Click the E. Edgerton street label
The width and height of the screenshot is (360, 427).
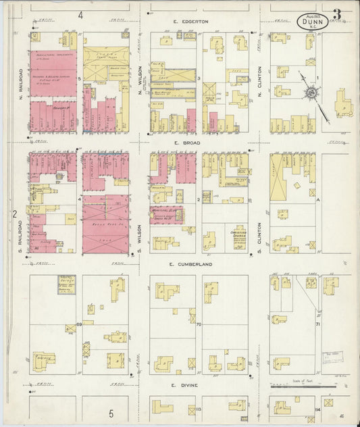tap(190, 22)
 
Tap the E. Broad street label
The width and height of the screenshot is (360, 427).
tap(184, 143)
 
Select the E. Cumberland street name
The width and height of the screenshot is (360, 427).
tap(190, 264)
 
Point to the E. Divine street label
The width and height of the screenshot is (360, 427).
tap(184, 385)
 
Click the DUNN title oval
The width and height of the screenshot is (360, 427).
tap(314, 22)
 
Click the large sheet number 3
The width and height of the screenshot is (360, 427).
tap(336, 13)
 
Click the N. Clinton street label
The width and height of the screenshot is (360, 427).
tap(260, 80)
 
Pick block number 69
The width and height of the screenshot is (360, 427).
tap(79, 325)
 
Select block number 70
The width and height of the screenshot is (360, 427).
tap(199, 325)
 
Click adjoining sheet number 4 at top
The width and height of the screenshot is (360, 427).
tap(80, 14)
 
